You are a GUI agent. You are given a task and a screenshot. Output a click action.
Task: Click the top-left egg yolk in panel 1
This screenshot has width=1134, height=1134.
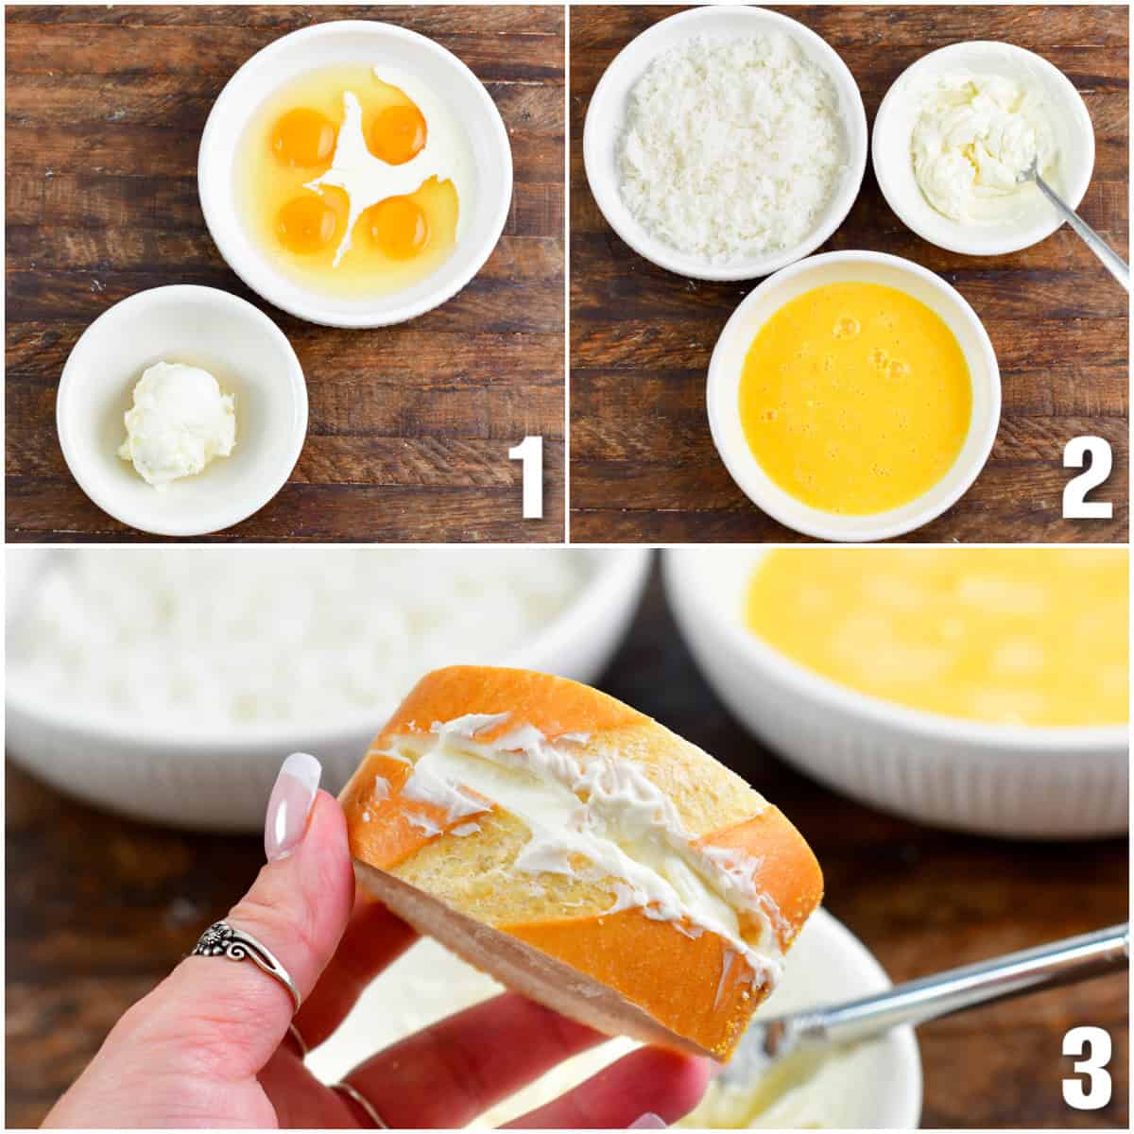(x=301, y=137)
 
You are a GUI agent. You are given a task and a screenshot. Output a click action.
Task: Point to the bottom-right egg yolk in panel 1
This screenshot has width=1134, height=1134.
(x=398, y=227)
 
